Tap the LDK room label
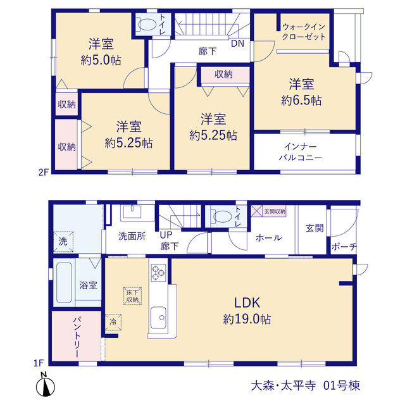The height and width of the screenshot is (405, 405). click(x=247, y=302)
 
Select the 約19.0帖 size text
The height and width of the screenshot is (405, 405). click(x=247, y=319)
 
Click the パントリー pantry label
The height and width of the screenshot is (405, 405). click(x=77, y=337)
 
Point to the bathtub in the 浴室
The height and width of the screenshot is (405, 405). click(x=64, y=283)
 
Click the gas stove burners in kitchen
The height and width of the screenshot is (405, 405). click(x=158, y=273)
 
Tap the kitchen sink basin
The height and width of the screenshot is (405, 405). click(x=158, y=318)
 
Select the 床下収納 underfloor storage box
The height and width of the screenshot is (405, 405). click(x=132, y=296)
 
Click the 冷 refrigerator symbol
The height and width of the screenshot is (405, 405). click(x=113, y=322)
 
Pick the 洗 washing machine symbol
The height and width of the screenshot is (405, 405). click(x=63, y=242)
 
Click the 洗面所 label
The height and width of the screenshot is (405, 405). click(x=132, y=236)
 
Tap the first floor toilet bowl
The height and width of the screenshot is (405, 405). click(x=221, y=216)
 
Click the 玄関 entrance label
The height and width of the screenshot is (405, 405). click(x=315, y=228)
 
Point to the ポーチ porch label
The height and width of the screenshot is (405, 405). click(x=344, y=246)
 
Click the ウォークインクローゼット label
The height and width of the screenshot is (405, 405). click(x=304, y=32)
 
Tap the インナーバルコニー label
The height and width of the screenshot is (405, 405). click(x=301, y=152)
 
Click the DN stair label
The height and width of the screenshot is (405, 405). click(x=237, y=44)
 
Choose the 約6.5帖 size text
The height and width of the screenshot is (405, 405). click(x=301, y=101)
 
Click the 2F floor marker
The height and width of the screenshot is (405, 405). click(x=44, y=172)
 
